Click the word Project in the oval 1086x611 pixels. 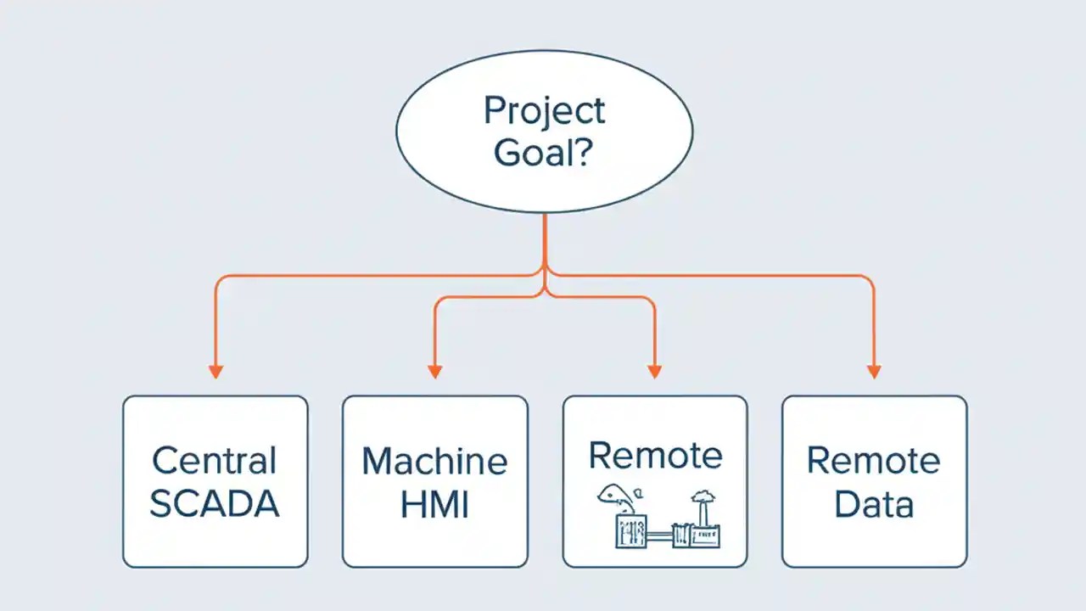tap(544, 111)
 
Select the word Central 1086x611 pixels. tap(215, 461)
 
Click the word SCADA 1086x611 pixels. tap(215, 504)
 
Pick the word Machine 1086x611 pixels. tap(434, 461)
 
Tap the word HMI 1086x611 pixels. tap(434, 504)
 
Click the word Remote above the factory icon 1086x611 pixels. tap(655, 455)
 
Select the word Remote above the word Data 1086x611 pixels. tap(873, 461)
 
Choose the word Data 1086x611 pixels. tap(873, 504)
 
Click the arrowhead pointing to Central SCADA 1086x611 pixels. tap(216, 372)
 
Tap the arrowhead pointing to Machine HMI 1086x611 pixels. tap(434, 372)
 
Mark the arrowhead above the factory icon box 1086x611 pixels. tap(654, 372)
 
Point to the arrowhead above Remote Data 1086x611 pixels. tap(874, 372)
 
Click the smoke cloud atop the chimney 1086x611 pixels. tap(702, 498)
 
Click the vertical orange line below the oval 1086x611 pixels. tap(545, 242)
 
